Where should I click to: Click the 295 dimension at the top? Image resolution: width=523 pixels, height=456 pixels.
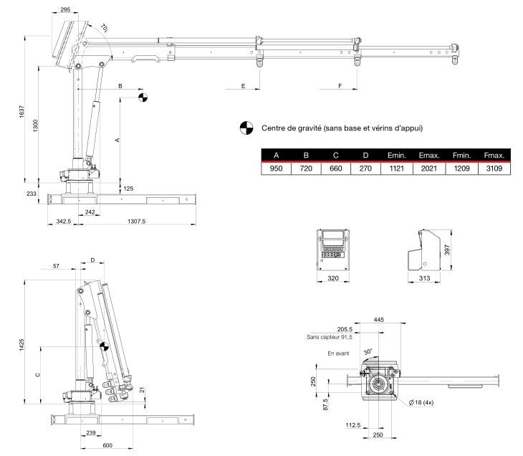coord(65,10)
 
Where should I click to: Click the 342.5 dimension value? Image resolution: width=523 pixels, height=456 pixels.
coord(63,222)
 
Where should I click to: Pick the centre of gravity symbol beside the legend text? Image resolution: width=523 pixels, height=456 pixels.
coord(246,129)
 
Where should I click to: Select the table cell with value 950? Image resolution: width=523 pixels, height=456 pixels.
coord(275,168)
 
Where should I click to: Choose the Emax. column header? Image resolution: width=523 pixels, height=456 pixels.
coord(428,156)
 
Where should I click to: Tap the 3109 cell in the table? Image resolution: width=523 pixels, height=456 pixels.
coord(494,168)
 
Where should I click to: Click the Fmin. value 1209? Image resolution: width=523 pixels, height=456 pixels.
coord(461,168)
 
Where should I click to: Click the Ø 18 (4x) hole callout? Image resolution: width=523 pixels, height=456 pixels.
coord(421,402)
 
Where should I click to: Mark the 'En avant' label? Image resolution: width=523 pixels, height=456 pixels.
coord(339,353)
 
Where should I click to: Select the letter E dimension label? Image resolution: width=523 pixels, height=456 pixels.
coord(244,86)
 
